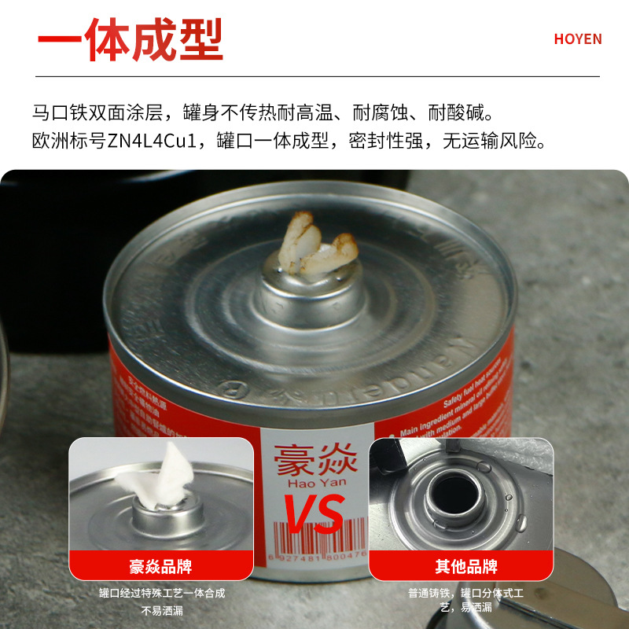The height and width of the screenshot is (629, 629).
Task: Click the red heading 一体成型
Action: click(x=130, y=39)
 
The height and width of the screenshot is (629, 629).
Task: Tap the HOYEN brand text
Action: click(x=578, y=39)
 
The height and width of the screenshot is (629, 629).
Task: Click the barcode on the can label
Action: click(x=314, y=543)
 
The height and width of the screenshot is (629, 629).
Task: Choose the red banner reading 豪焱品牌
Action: click(x=161, y=566)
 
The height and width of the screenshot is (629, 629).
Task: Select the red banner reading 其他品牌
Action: click(x=466, y=566)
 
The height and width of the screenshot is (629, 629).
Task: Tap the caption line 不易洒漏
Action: click(x=161, y=609)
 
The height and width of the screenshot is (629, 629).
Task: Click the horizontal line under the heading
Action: click(x=314, y=76)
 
